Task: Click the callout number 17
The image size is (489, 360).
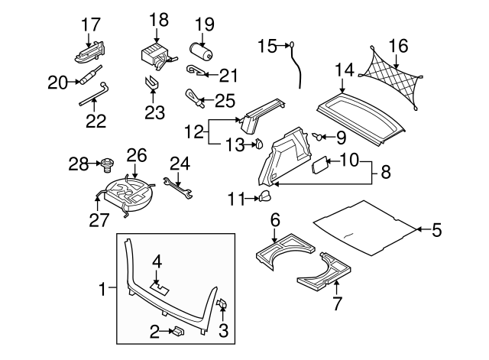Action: (90, 24)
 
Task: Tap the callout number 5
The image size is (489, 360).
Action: (437, 229)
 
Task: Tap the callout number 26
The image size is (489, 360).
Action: (136, 155)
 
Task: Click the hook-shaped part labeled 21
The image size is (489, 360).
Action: (199, 72)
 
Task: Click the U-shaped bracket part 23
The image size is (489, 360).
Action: (154, 82)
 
